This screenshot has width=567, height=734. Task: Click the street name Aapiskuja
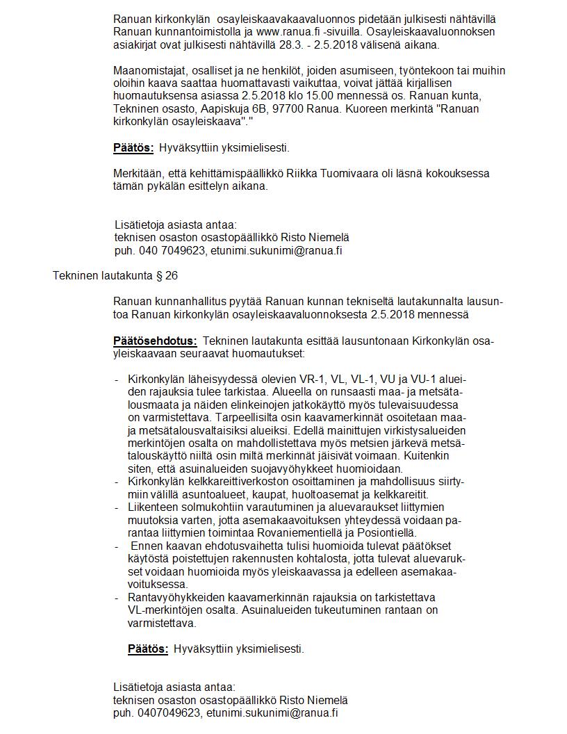coord(234,109)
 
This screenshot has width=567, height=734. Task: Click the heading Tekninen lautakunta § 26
coord(115,276)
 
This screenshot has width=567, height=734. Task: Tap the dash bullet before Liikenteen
coord(116,507)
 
